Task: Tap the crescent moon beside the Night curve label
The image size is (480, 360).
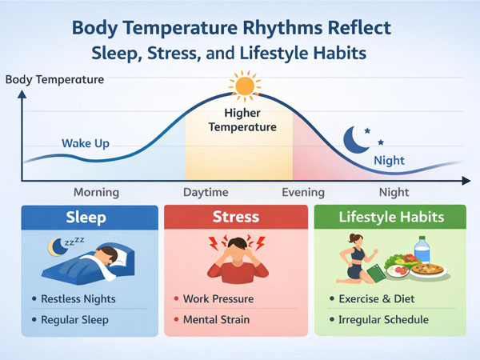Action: pos(355,140)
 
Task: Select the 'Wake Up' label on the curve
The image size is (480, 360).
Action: pos(85,144)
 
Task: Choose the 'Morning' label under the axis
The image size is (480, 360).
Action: pos(96,192)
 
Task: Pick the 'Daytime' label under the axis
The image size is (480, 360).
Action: pos(206,192)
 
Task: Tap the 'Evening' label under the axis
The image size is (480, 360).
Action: pos(303,192)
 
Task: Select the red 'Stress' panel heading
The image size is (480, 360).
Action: pos(236,217)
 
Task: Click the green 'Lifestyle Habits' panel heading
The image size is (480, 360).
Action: pos(390,217)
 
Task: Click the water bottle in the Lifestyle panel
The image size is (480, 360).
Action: pos(422,250)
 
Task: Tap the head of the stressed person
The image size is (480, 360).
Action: pos(234,248)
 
